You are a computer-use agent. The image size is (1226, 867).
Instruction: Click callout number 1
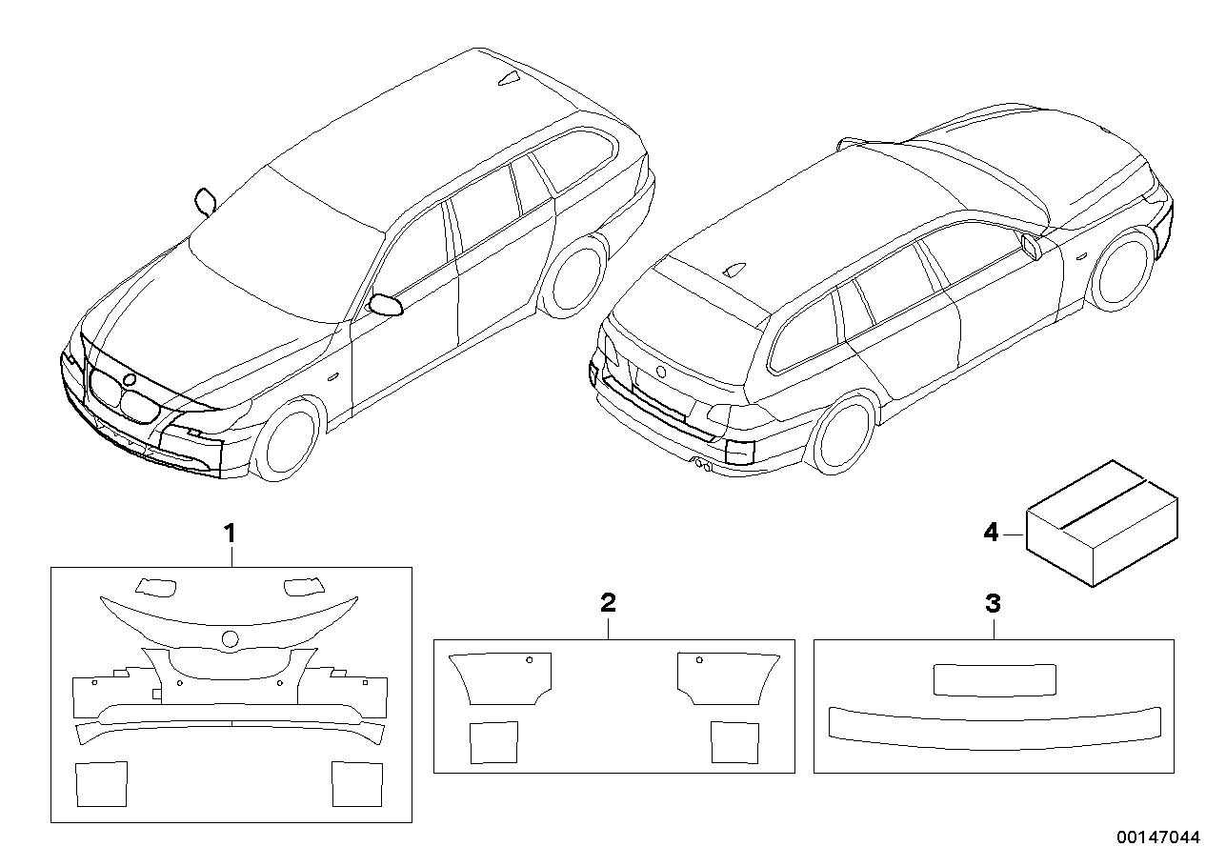point(229,533)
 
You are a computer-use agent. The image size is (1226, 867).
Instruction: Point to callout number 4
point(991,534)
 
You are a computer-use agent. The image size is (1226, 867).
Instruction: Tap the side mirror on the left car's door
point(386,305)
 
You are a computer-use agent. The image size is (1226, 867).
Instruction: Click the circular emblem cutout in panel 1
point(230,640)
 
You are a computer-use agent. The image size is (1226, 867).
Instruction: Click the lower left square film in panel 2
point(494,742)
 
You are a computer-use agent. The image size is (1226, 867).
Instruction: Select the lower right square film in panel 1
point(357,783)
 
